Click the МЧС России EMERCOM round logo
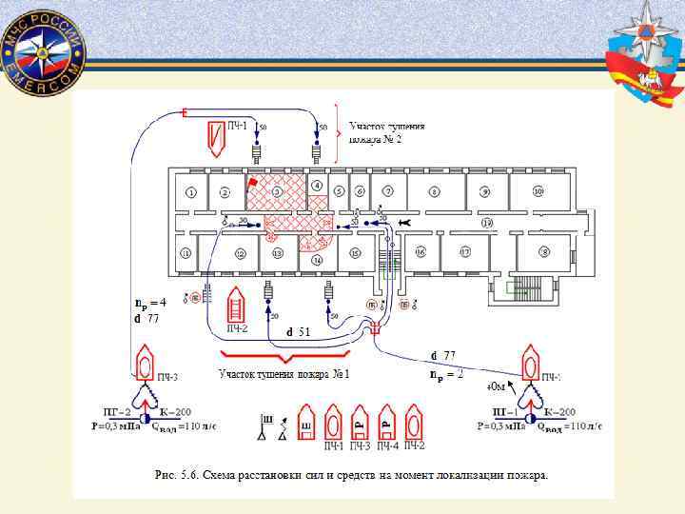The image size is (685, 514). pos(44,52)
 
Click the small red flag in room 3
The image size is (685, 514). pos(252,182)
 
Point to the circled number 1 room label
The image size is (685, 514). pos(191,191)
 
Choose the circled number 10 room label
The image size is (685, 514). pos(538,191)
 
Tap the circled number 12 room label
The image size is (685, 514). pos(240,253)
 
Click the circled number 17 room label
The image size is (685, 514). pos(466,252)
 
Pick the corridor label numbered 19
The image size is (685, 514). pos(487,222)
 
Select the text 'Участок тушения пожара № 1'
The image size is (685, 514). pos(284,373)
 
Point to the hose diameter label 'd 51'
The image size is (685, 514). pos(300,332)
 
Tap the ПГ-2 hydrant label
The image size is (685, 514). pos(116,411)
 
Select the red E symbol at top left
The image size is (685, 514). pos(184,114)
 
